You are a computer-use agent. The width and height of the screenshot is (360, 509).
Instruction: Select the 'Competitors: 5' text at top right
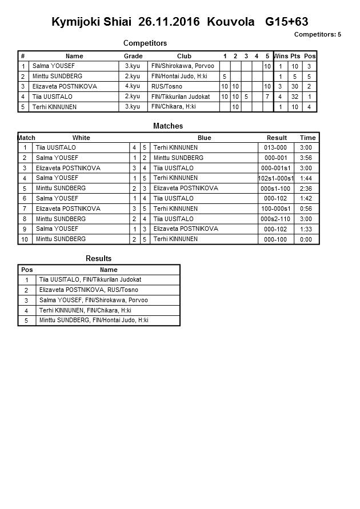point(317,34)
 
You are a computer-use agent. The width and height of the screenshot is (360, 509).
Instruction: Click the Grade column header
point(133,56)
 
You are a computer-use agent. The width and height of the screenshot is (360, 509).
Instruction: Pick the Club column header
point(184,56)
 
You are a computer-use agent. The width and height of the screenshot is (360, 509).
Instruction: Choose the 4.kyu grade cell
point(133,86)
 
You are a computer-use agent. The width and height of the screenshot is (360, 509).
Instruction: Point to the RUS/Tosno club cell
point(167,86)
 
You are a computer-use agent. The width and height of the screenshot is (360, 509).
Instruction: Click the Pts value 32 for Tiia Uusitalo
point(295,97)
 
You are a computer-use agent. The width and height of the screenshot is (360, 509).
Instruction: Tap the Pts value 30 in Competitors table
point(295,86)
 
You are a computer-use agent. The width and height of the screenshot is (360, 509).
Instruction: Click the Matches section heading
point(168,126)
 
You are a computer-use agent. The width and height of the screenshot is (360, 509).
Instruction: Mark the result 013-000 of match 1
point(277,147)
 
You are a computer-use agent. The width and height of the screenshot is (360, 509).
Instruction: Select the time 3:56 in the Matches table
point(307,158)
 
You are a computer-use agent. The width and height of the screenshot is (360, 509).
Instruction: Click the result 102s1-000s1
point(276,178)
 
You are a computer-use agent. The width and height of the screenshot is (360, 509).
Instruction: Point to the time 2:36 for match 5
point(307,189)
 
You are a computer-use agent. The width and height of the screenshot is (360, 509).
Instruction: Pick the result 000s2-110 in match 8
point(277,219)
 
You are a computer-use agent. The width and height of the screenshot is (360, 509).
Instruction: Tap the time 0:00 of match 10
point(307,239)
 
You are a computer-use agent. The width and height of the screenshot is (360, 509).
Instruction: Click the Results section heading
point(98,259)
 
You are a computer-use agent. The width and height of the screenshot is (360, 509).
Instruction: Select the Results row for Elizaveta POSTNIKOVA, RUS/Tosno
point(89,290)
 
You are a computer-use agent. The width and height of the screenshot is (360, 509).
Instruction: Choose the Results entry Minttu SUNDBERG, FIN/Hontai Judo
point(94,320)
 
